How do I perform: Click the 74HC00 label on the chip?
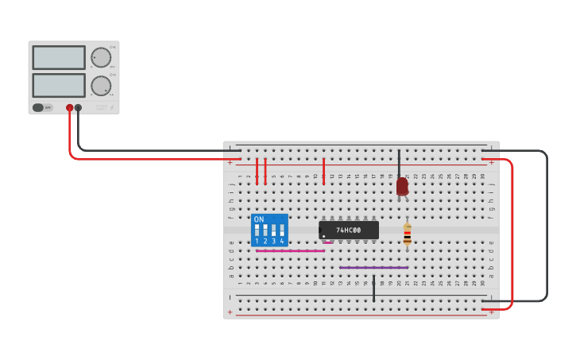tap(348, 230)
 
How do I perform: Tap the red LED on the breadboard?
tap(402, 186)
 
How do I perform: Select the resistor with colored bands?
tap(408, 233)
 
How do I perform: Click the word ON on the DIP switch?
tap(259, 219)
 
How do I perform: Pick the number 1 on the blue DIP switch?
tap(257, 241)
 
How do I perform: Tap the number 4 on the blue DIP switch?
tap(282, 241)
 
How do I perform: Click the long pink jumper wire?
tap(290, 251)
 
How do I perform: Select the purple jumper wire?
tap(373, 268)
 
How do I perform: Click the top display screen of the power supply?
tap(59, 57)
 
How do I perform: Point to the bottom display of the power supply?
tap(59, 85)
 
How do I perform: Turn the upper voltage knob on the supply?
tap(101, 57)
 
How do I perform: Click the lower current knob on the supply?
tap(101, 86)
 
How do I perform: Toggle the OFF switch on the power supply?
tap(42, 107)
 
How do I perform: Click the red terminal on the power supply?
tap(70, 107)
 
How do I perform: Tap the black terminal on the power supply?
tap(78, 107)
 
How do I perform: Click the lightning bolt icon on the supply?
tap(112, 107)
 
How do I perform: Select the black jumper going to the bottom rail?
tap(373, 288)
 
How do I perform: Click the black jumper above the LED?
tap(399, 162)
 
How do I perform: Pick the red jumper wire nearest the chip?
tap(323, 171)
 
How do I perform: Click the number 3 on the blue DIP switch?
tap(273, 241)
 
